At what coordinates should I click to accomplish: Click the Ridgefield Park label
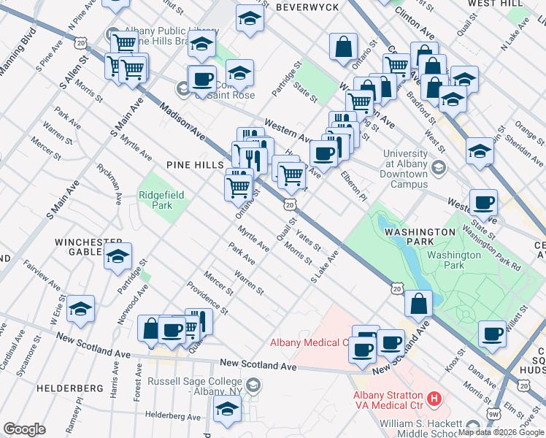point(162,200)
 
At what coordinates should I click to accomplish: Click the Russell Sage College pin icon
point(252,385)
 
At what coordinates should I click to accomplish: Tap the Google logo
point(24,429)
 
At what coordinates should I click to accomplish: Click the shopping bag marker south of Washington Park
point(418,304)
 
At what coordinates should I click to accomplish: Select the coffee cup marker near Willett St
point(493,334)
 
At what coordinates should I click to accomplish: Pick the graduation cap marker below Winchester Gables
point(118,256)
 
